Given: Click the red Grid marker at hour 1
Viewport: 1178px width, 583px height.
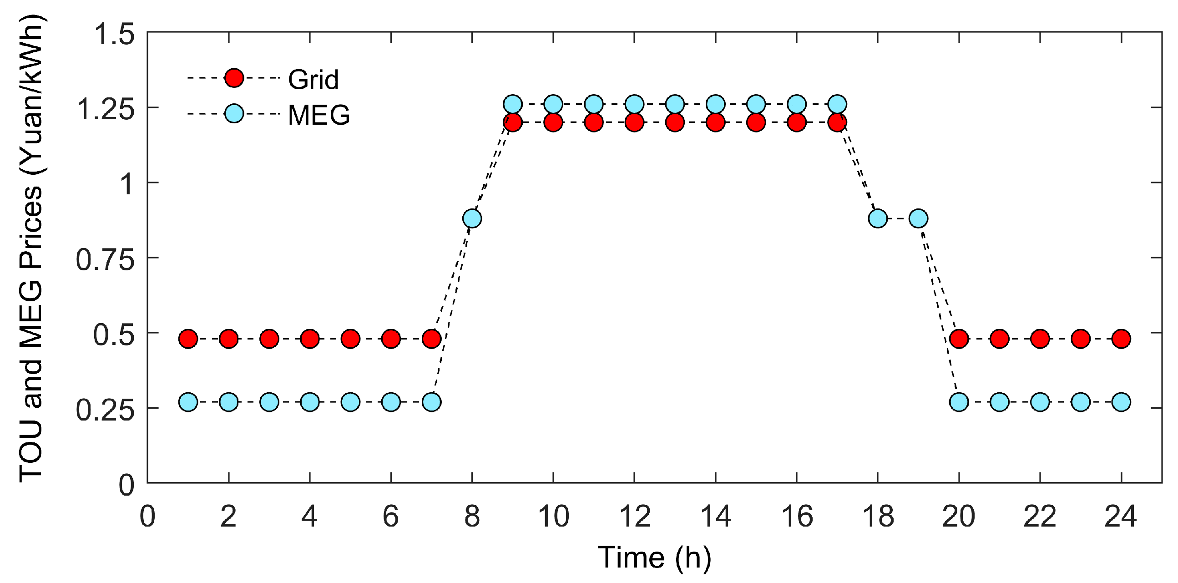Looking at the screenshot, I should (x=188, y=339).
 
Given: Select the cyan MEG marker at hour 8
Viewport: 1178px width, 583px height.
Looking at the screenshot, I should (x=472, y=218).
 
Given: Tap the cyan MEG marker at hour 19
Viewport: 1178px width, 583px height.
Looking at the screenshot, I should (x=918, y=218).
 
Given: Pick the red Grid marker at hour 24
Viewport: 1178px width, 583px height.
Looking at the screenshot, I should (x=1121, y=339).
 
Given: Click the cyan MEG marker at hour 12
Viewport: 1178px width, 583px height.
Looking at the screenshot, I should (x=634, y=104).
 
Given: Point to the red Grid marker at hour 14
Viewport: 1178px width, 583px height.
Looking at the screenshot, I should (x=716, y=122).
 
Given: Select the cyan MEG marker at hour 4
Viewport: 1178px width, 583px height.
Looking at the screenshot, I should (x=309, y=402).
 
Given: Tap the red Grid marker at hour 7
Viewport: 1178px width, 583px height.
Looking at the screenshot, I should (x=432, y=339).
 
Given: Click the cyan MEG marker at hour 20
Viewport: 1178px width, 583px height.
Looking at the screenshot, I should (x=959, y=402).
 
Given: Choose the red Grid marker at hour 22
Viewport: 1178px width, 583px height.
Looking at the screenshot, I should (x=1040, y=339).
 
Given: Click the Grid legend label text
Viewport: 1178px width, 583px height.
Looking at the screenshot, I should (x=313, y=80).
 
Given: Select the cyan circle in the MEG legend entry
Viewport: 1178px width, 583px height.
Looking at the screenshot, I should (x=234, y=114).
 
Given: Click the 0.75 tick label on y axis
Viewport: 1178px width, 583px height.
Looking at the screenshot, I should (x=105, y=260).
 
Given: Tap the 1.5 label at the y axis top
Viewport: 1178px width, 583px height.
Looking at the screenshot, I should (x=114, y=34).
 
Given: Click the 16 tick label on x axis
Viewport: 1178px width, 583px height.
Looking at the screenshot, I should (x=797, y=517).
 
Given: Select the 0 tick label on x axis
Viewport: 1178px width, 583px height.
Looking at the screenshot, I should (x=147, y=517).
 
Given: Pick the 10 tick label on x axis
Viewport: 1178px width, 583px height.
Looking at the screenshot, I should (x=553, y=517).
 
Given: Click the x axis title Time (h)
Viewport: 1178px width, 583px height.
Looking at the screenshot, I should (x=654, y=558).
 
